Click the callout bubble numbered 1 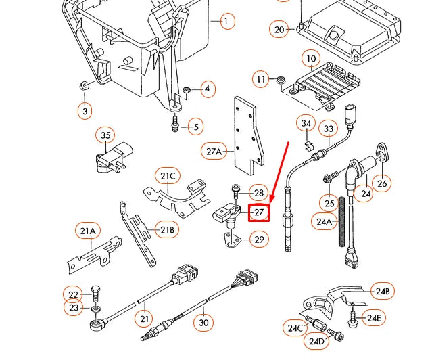[x=226, y=22]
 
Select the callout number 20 [x=280, y=29]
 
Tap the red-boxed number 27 [x=260, y=212]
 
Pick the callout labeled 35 [x=105, y=135]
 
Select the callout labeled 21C [x=168, y=177]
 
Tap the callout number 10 [x=310, y=60]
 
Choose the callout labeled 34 [x=306, y=123]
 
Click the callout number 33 [x=329, y=129]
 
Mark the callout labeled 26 [x=382, y=183]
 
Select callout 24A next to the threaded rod [x=324, y=221]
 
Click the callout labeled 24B [x=383, y=292]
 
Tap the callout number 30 [x=204, y=323]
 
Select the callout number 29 [x=259, y=238]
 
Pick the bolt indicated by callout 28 [x=236, y=189]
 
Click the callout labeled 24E [x=374, y=317]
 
